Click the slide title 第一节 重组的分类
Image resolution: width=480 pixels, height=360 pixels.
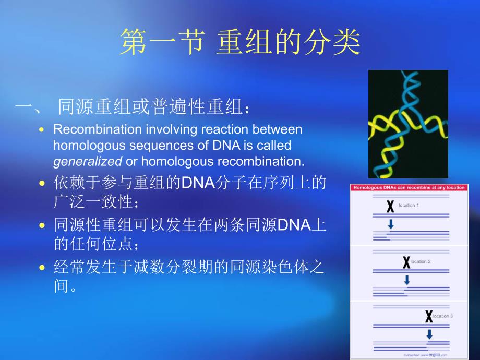click(239, 43)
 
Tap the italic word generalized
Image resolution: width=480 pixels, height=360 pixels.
click(88, 161)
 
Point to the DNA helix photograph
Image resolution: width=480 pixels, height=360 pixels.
click(408, 124)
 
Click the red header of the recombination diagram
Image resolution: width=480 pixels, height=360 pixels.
click(409, 188)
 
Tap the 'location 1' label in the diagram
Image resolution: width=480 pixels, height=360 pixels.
click(407, 206)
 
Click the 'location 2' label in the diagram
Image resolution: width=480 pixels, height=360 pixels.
click(420, 261)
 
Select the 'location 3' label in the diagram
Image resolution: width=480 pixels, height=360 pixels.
click(442, 316)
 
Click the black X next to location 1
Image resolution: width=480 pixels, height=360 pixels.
click(390, 207)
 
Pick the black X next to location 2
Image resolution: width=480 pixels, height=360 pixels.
click(406, 262)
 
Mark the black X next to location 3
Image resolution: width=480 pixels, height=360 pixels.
click(429, 316)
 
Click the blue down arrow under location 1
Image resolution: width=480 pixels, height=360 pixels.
click(390, 224)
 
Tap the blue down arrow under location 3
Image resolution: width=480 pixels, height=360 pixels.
click(429, 333)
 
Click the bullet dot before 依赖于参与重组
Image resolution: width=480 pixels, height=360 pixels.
click(42, 183)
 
